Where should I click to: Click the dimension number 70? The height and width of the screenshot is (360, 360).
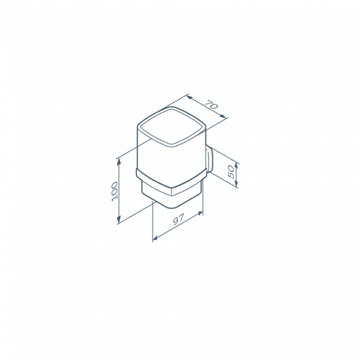point(211,105)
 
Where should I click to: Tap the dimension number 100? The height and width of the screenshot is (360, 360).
point(115,192)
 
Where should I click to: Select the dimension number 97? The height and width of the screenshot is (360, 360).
point(178,219)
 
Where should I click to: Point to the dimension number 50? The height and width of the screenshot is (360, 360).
point(231,172)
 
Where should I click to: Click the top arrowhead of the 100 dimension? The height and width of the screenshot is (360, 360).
point(119,162)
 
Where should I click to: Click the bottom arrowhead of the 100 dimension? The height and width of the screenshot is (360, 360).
point(119,220)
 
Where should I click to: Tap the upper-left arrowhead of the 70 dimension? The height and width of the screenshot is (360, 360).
point(189,97)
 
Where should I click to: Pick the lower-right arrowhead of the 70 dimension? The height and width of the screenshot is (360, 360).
point(223,116)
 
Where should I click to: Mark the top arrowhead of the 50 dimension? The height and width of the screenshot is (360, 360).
point(236,167)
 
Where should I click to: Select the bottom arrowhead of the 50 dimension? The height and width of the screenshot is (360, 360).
point(236,183)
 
